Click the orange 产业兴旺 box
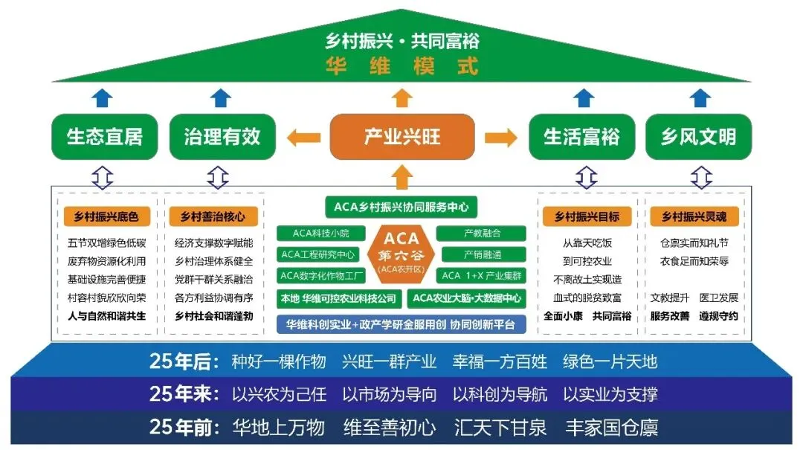coord(401,137)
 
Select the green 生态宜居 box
coord(104,137)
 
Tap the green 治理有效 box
coord(222,137)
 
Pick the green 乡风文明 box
coord(698,137)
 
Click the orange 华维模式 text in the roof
coord(401,65)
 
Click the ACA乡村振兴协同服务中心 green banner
coord(401,207)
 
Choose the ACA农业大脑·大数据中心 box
coord(467,298)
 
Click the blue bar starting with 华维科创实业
coord(401,324)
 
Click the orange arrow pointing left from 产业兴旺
coord(302,137)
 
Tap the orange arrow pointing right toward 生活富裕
coord(500,137)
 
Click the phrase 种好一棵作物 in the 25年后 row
coord(279,362)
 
